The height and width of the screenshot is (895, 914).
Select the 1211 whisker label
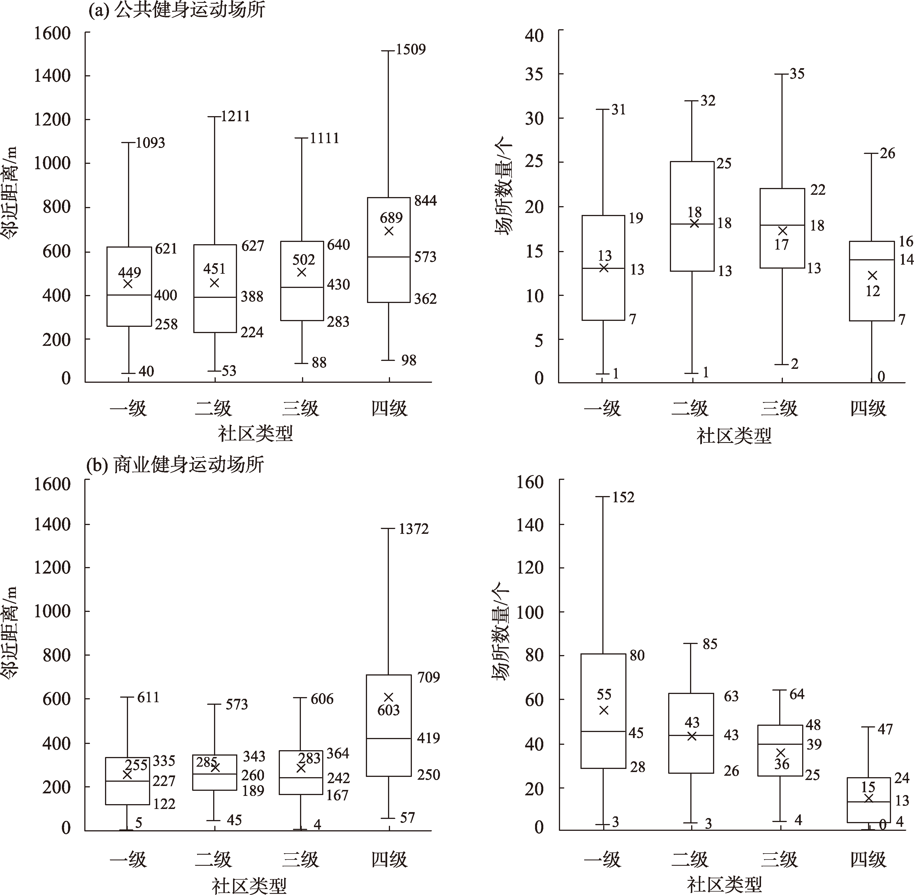pos(235,116)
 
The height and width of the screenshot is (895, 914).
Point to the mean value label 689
pos(391,218)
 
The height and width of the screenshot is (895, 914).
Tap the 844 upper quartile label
pos(425,201)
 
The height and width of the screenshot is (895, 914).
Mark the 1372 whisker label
pos(414,529)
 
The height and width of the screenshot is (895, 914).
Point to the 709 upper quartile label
pos(429,677)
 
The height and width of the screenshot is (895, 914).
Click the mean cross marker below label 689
pos(389,231)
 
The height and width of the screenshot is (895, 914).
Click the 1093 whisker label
pos(150,143)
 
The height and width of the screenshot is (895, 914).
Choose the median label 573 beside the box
pos(425,257)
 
